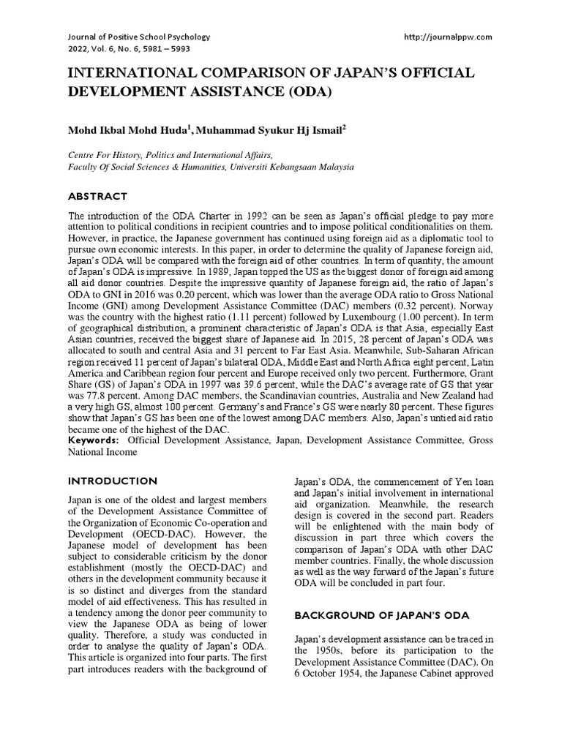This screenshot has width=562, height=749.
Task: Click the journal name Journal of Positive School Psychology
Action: pos(138,36)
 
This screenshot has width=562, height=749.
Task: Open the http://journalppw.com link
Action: pos(448,36)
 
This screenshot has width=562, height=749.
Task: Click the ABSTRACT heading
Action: pos(98,197)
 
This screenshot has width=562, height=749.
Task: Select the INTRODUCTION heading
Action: pos(112,481)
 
